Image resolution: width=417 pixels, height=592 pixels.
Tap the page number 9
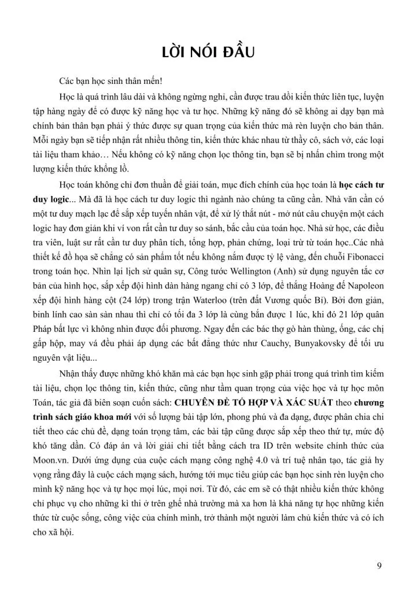click(x=379, y=565)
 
